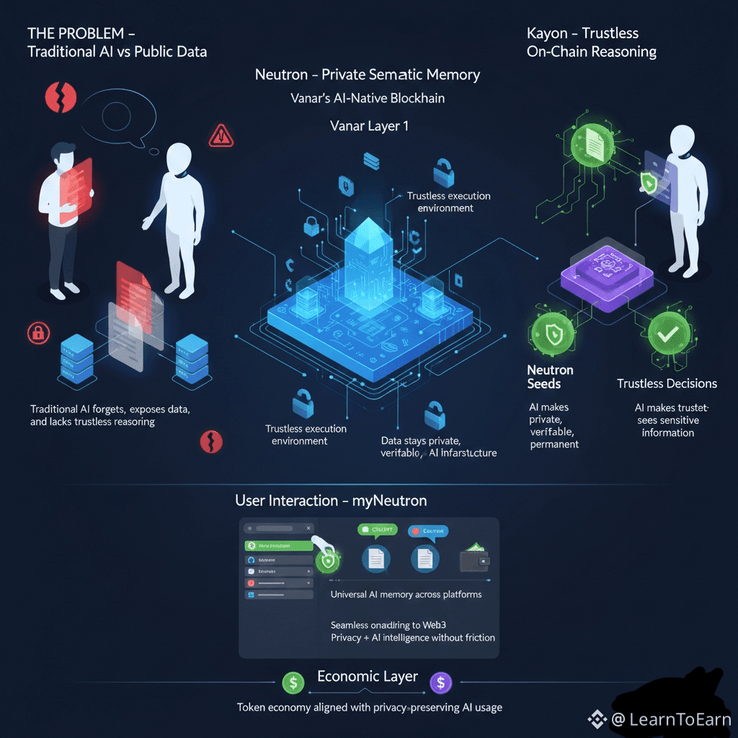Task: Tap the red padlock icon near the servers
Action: [x=35, y=332]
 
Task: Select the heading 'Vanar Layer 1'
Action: [x=368, y=125]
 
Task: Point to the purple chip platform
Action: [x=607, y=276]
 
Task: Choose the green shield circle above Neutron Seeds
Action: [x=552, y=334]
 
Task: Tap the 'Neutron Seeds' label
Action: [x=550, y=377]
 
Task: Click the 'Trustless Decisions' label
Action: [x=667, y=383]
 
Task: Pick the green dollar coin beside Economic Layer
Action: [x=293, y=682]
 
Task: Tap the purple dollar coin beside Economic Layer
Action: [x=440, y=682]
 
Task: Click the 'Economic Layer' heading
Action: [x=367, y=676]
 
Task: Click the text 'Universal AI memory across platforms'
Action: [x=406, y=595]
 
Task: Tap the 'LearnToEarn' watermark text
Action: [x=679, y=719]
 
